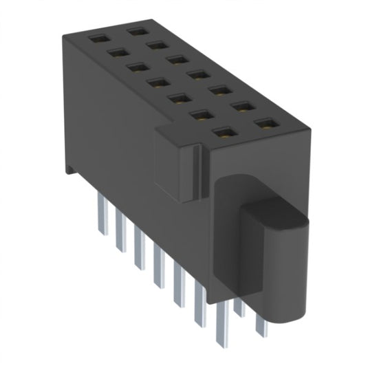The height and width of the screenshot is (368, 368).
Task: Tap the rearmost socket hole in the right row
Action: point(136,32)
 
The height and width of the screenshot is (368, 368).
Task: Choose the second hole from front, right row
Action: point(241,107)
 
